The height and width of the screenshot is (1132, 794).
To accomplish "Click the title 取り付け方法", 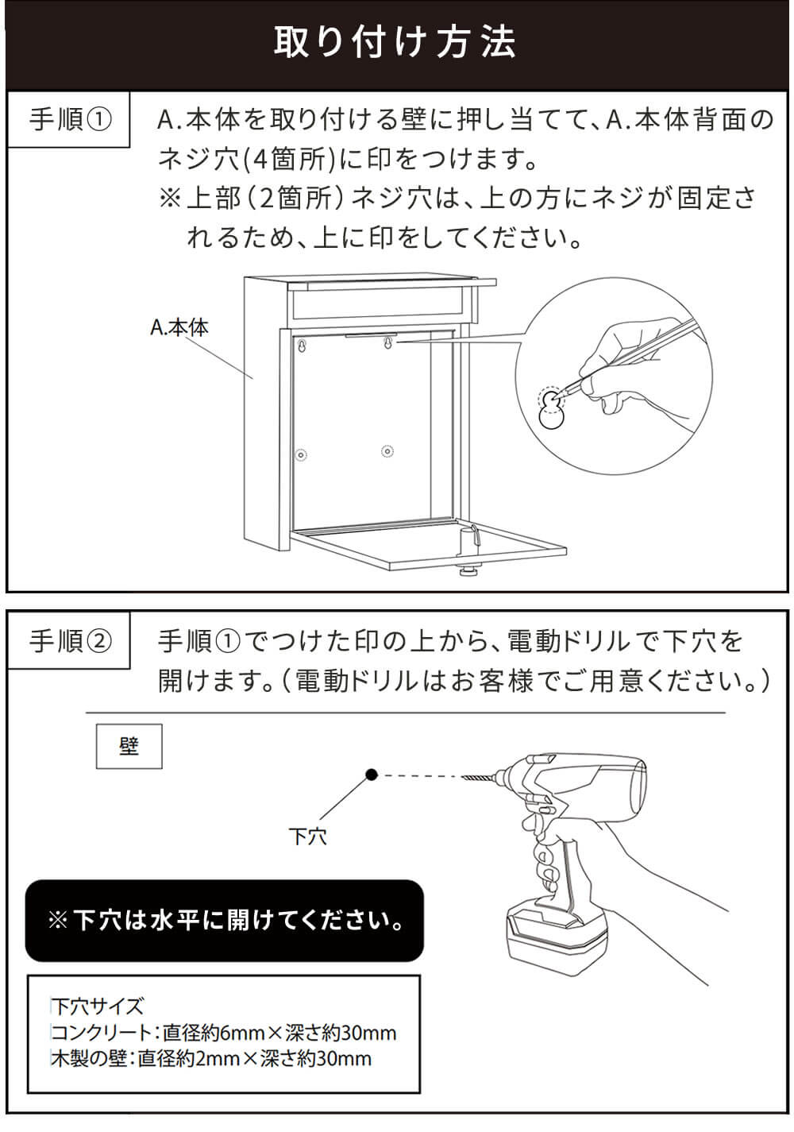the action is pyautogui.click(x=395, y=42).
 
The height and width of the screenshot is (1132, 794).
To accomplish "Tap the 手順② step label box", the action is pyautogui.click(x=69, y=641).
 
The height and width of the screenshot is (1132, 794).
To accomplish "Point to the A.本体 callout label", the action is pyautogui.click(x=179, y=327).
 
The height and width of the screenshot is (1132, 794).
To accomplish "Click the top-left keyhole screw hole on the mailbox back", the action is pyautogui.click(x=303, y=346).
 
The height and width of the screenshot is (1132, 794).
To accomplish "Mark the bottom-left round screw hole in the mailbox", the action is pyautogui.click(x=301, y=455).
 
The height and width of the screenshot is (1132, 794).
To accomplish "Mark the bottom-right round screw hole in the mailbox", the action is pyautogui.click(x=387, y=451).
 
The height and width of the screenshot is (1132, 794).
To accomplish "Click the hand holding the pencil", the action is pyautogui.click(x=627, y=373).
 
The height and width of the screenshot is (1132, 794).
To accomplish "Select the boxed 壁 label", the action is pyautogui.click(x=129, y=746).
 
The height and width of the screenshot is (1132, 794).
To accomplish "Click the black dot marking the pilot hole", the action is pyautogui.click(x=371, y=775).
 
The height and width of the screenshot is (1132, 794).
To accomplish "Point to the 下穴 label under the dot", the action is pyautogui.click(x=308, y=836).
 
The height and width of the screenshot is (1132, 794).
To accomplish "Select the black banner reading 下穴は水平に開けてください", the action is pyautogui.click(x=225, y=921).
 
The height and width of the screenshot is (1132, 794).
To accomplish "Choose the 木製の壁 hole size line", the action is pyautogui.click(x=212, y=1058).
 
